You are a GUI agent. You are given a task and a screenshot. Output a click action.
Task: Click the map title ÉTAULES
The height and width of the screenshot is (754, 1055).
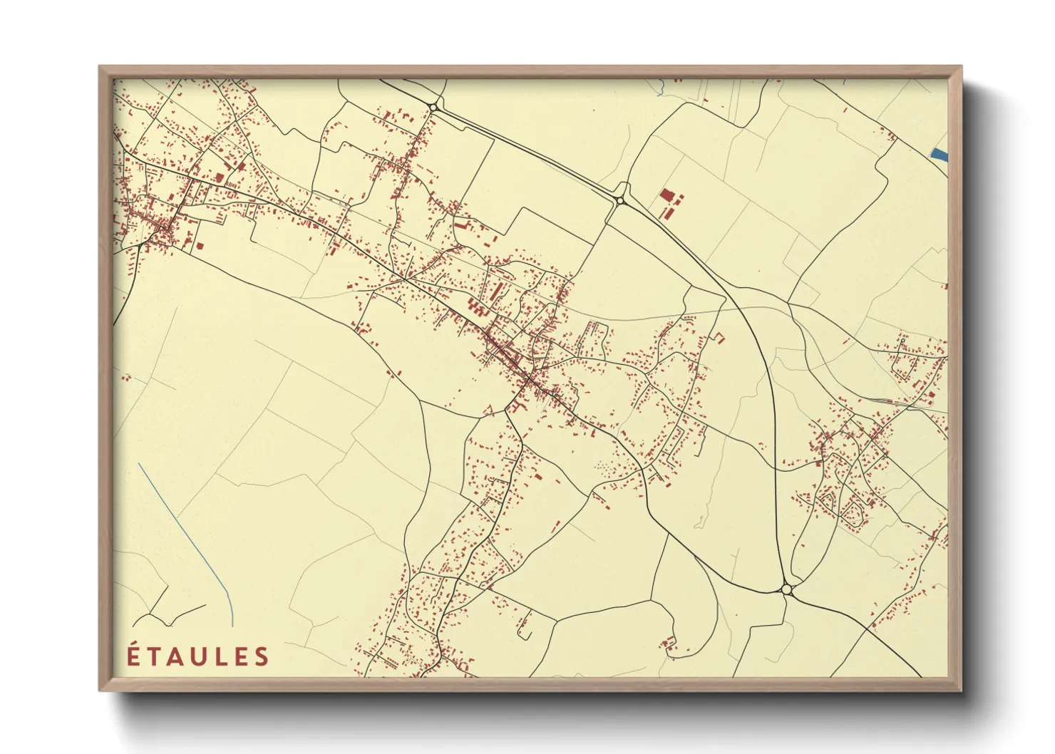[198, 656]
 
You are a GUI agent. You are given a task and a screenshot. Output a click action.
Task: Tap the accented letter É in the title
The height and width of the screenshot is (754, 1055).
[133, 656]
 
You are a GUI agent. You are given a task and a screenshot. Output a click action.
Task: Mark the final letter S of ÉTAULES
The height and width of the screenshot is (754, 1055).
[262, 656]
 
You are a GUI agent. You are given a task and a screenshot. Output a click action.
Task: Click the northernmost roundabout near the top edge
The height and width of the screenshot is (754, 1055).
[433, 108]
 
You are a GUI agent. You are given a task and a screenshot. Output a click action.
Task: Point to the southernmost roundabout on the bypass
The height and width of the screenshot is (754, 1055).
[786, 589]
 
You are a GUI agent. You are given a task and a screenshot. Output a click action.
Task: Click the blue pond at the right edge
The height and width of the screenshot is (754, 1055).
[940, 153]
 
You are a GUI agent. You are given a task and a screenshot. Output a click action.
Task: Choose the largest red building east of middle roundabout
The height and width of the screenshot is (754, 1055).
[667, 195]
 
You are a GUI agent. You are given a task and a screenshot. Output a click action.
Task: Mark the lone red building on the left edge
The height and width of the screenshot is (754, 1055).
[126, 378]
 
